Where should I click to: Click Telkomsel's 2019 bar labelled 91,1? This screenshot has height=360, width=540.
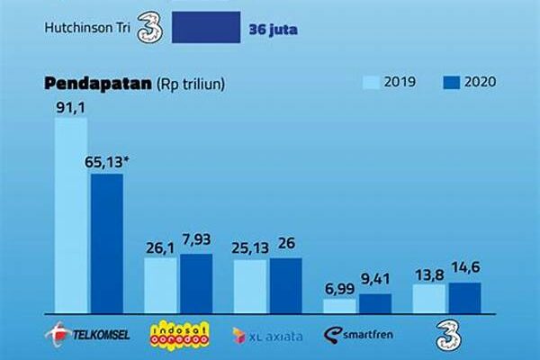[71, 216]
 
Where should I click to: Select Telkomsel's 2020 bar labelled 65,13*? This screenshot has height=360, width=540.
[106, 244]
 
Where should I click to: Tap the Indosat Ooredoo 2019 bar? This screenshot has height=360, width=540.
[161, 285]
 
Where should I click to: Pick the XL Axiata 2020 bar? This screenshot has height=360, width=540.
[286, 285]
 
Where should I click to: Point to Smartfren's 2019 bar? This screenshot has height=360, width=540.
[339, 306]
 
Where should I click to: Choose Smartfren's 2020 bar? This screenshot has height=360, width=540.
[374, 302]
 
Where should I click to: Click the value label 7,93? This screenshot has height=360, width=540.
[195, 242]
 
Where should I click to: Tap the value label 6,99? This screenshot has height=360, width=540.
[339, 287]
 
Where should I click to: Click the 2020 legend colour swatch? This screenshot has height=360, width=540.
[452, 83]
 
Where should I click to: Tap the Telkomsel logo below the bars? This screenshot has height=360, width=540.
[88, 334]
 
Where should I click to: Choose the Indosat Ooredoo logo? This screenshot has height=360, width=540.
[177, 334]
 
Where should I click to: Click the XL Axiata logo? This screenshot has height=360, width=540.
[267, 335]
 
